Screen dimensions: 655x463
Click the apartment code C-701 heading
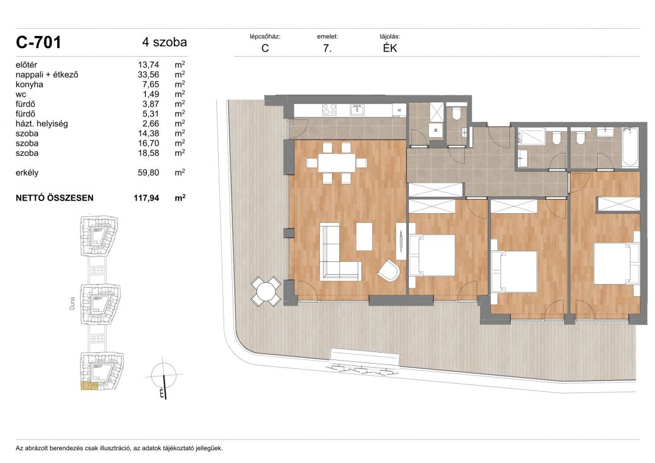coord(38,43)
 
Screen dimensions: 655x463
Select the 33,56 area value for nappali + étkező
coord(148,75)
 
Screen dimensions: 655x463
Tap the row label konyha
coord(29,84)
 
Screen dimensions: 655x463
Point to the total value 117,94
coord(146,198)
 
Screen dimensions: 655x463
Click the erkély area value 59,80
coord(148,173)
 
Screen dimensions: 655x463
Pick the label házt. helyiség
coord(42,124)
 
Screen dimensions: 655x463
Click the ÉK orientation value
coord(390,48)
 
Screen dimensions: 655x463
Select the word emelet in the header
coord(327,37)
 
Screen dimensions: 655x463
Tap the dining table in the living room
coord(337,163)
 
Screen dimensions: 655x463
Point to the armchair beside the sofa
coord(389,270)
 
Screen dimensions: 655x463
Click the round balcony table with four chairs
coord(266,291)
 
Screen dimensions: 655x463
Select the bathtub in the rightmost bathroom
coord(629,147)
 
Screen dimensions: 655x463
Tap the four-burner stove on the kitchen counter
coord(329,110)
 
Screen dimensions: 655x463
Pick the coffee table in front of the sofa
coord(364,237)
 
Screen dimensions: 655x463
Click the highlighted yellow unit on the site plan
coord(88,386)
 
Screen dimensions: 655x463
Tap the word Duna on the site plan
coord(73,303)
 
